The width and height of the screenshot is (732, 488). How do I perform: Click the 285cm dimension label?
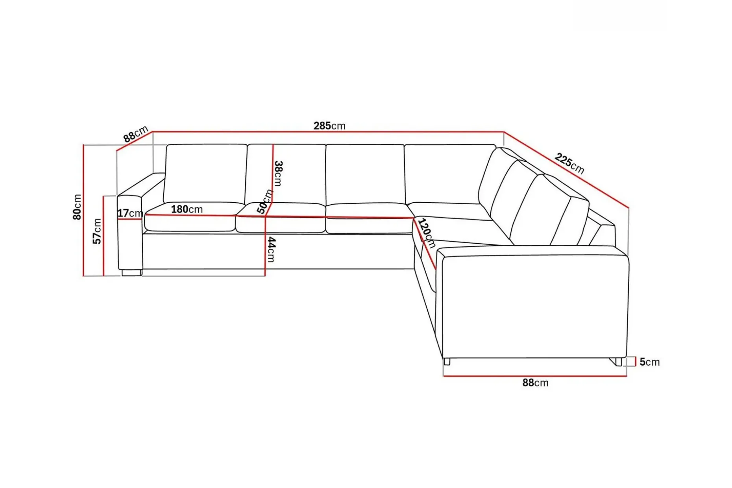[x=329, y=126]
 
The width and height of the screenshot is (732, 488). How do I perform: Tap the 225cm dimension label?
[x=569, y=163]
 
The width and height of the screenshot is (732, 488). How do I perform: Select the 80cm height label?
[x=77, y=207]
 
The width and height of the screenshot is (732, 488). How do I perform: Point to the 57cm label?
[x=97, y=231]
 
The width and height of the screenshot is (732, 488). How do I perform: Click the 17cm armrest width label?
[x=130, y=213]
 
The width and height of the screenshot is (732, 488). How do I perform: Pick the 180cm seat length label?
[x=187, y=209]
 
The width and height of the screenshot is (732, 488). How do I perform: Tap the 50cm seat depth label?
[x=264, y=201]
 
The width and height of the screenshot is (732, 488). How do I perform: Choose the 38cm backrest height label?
[x=278, y=173]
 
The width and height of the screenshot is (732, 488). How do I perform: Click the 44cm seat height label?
[x=271, y=250]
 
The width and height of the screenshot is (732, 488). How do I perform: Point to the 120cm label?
[x=427, y=233]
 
